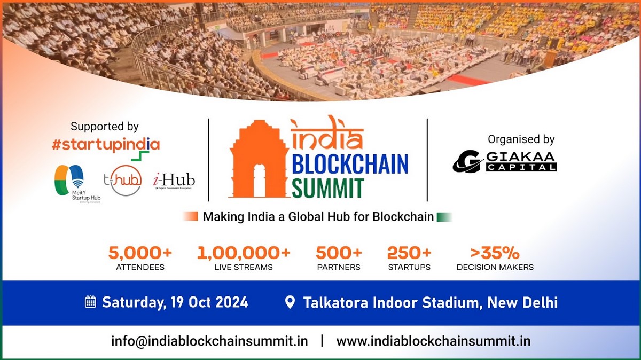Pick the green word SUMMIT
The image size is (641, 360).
328,188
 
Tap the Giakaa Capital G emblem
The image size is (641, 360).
467,161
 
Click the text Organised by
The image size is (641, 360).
521,139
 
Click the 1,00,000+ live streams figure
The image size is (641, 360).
244,253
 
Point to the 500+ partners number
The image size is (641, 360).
339,253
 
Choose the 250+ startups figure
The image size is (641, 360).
409,253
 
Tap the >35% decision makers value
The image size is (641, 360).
495,253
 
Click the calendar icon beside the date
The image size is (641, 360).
90,302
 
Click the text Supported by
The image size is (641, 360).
105,127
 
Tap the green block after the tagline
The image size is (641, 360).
444,217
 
